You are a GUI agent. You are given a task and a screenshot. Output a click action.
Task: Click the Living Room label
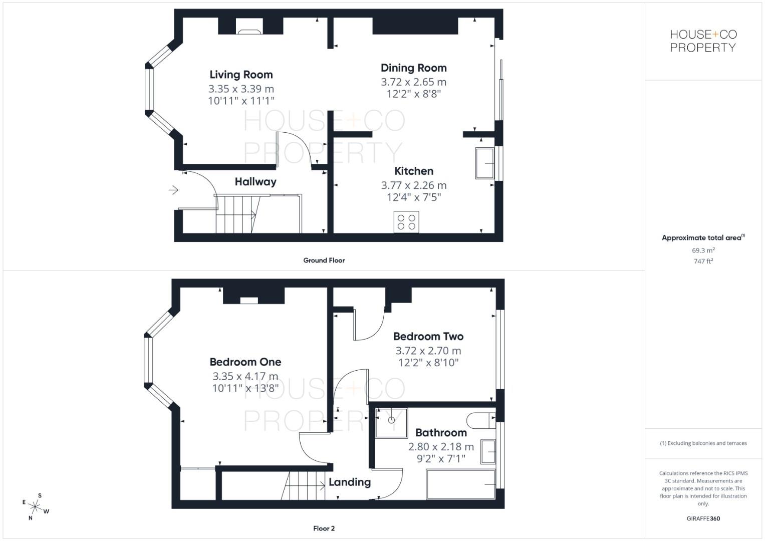click(x=241, y=75)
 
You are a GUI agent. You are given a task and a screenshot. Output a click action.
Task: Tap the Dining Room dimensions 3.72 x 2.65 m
click(x=413, y=82)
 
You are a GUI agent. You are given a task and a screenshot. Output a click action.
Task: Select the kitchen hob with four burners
click(x=406, y=222)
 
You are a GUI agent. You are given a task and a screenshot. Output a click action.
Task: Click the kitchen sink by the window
click(x=485, y=163)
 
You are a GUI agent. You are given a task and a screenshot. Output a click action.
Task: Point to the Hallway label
click(x=256, y=182)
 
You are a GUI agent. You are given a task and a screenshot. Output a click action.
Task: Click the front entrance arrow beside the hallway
click(x=173, y=190)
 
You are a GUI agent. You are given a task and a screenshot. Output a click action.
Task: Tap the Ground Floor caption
click(x=324, y=260)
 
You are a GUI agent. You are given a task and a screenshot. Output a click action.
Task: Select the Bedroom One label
click(x=245, y=362)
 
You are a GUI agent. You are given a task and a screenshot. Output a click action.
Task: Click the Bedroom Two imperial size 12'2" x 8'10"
click(x=428, y=363)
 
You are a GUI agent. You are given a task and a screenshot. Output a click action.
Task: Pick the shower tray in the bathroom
click(x=392, y=423)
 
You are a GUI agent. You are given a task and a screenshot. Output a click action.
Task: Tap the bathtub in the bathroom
click(x=460, y=484)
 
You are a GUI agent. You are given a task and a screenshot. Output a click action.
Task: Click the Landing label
click(x=350, y=482)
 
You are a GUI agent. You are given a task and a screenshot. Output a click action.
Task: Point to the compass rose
click(x=35, y=507)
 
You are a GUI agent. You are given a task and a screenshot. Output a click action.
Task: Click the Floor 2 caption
click(x=324, y=528)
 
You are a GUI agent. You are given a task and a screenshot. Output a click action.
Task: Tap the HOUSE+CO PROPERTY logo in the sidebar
click(x=703, y=41)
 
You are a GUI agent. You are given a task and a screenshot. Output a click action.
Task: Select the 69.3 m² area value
click(x=703, y=250)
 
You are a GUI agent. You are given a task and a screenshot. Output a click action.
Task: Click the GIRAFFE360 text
click(x=703, y=518)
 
